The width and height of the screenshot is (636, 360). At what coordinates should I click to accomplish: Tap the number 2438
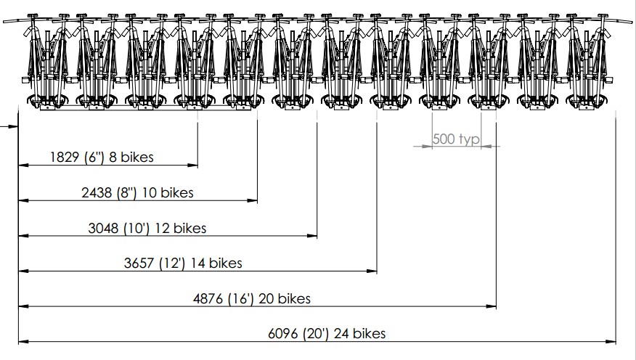[97, 192]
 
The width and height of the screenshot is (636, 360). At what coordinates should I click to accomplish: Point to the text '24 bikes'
[361, 334]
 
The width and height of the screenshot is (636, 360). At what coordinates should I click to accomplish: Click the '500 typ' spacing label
[456, 139]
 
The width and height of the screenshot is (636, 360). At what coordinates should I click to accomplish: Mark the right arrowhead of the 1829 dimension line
[194, 165]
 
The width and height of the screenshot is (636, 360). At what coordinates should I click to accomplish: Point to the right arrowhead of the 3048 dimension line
[314, 236]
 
